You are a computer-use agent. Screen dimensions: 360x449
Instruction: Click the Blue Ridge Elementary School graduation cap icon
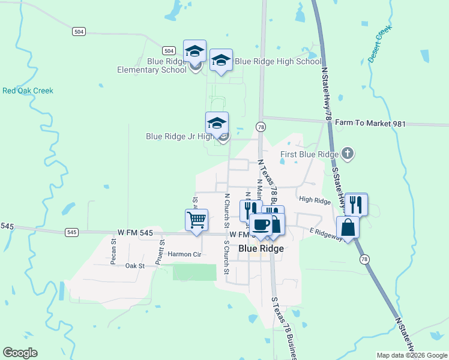click(x=194, y=52)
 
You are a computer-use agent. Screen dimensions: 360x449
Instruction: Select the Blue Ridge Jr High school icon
click(x=217, y=124)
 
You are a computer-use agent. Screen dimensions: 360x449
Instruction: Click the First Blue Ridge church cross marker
click(x=347, y=154)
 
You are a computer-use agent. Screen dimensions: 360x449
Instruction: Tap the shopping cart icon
click(x=197, y=220)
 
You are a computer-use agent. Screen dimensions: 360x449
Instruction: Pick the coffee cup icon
click(x=261, y=225)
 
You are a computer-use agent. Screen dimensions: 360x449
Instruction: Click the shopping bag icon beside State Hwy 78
click(x=348, y=228)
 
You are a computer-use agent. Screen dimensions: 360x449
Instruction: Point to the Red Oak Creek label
click(x=28, y=91)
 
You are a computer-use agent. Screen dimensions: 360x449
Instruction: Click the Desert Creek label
click(x=379, y=44)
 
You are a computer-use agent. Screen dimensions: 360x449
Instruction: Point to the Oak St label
click(x=135, y=265)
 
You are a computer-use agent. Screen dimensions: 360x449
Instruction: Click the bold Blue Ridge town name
click(x=261, y=248)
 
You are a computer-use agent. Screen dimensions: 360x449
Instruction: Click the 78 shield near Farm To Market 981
click(x=260, y=127)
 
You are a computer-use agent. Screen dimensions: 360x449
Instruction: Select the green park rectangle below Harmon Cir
click(x=194, y=272)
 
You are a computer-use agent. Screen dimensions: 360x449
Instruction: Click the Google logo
click(x=20, y=353)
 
